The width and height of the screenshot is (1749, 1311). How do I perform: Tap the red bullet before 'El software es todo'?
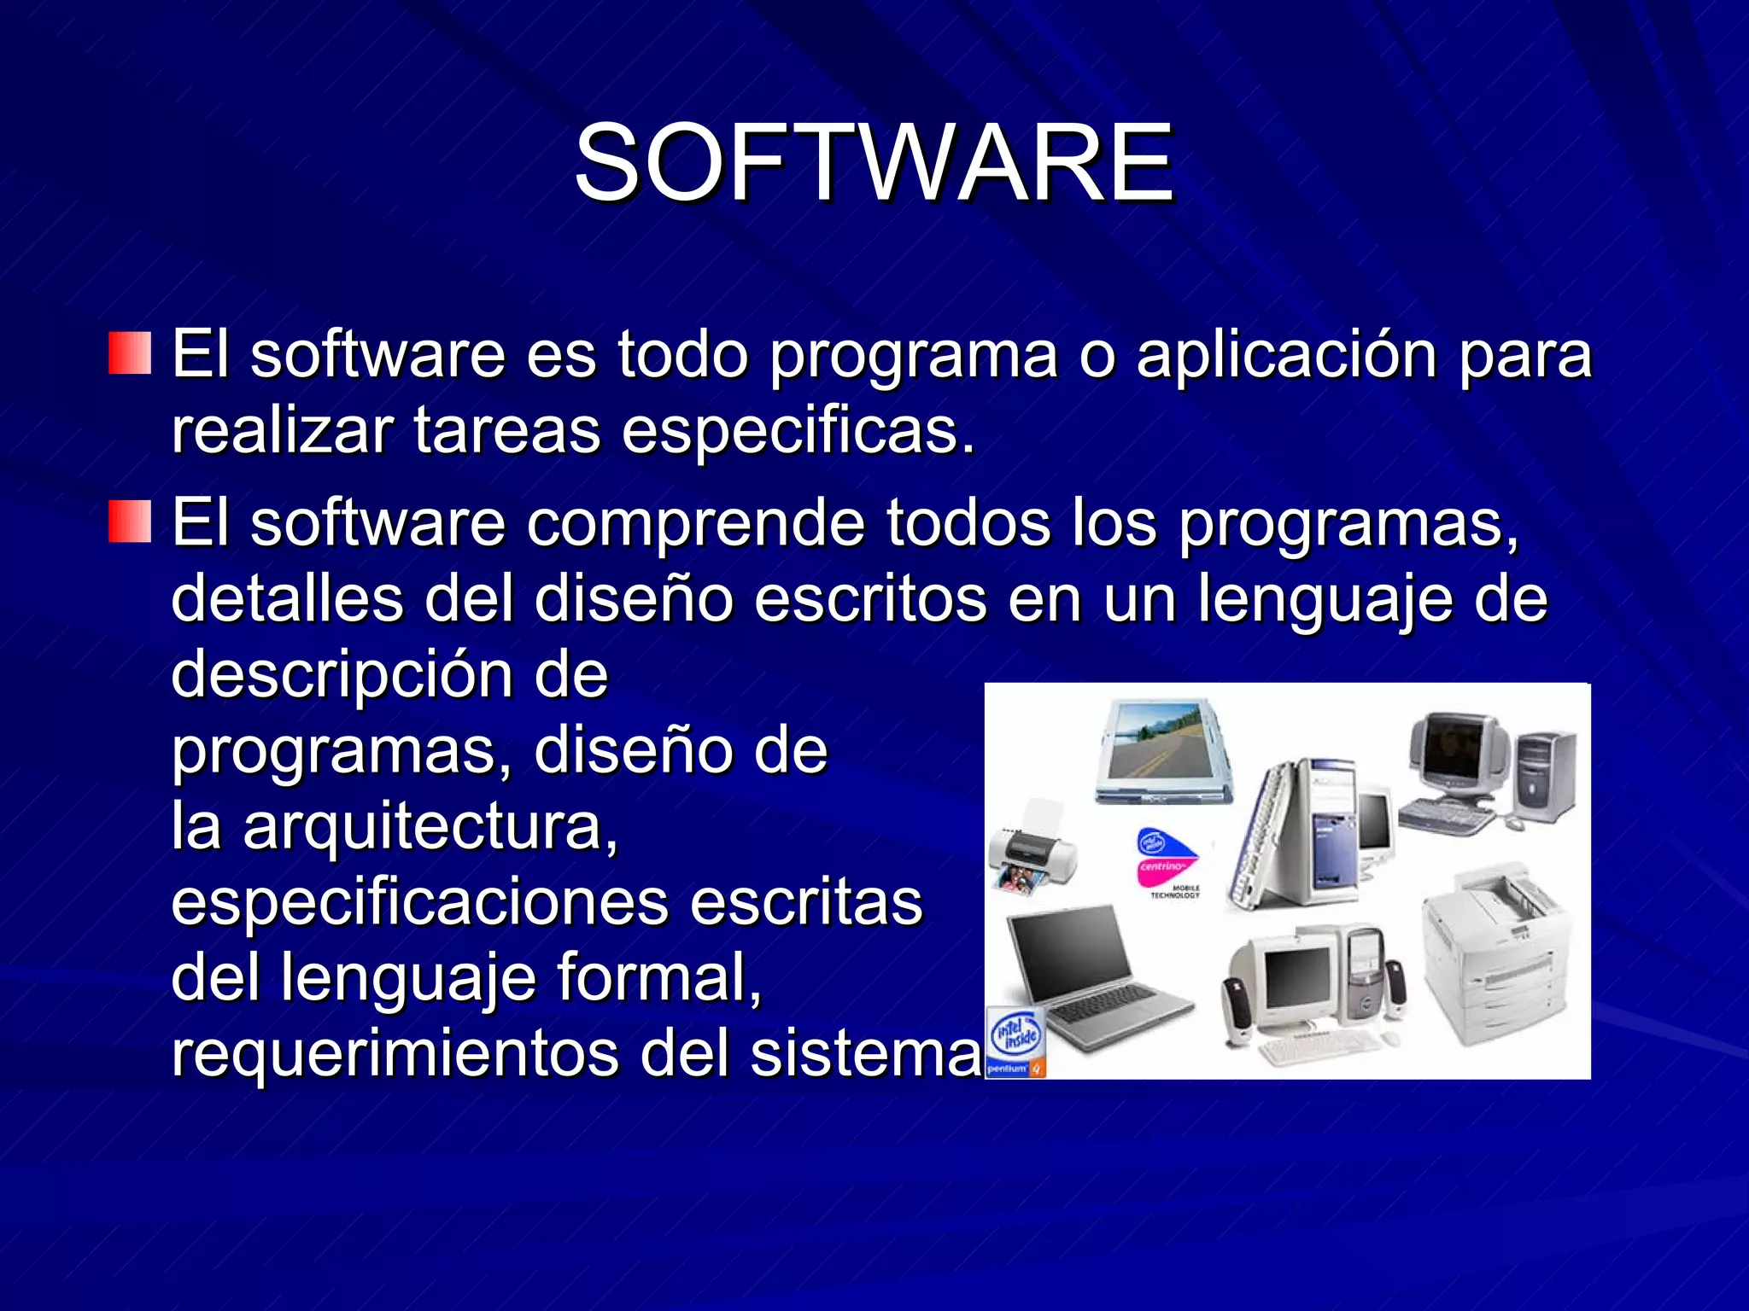pos(130,353)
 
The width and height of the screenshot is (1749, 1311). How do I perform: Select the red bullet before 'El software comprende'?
pos(130,521)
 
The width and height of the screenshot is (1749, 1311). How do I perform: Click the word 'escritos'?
pos(870,598)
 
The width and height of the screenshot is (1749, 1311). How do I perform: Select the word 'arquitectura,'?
pos(430,827)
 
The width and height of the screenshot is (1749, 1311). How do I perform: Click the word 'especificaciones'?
pos(419,902)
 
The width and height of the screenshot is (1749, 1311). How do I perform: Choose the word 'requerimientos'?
pos(395,1054)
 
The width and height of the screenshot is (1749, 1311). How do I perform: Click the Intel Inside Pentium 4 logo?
pos(1016,1043)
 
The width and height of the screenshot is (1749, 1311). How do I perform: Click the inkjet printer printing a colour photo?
pos(1032,849)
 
